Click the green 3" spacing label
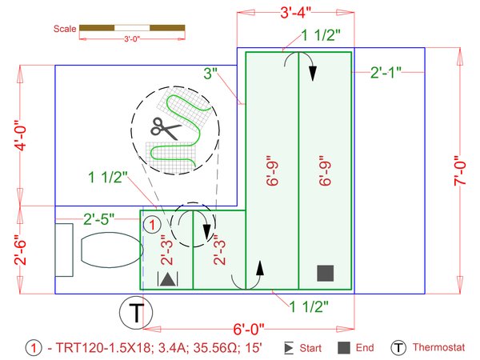211,74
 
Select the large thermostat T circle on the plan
137,312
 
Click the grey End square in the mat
325,273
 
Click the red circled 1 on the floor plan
150,224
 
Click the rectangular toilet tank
65,250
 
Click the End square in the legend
342,348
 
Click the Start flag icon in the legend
289,348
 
